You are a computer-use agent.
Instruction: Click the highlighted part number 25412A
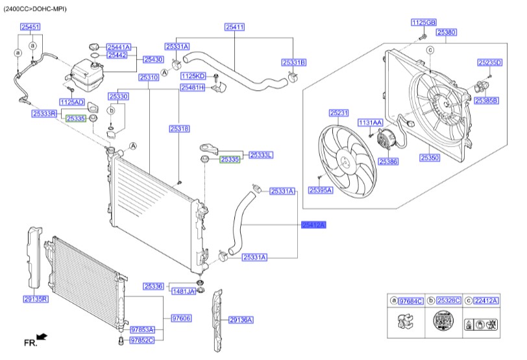click(x=313, y=224)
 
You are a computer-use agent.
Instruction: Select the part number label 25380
click(x=446, y=32)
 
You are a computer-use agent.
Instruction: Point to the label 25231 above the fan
click(x=339, y=113)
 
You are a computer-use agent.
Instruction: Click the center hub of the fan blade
click(x=346, y=162)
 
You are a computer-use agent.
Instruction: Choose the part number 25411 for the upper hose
click(x=235, y=27)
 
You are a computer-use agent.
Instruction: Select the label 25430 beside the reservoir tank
click(x=153, y=59)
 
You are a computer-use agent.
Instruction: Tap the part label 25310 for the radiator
click(x=149, y=77)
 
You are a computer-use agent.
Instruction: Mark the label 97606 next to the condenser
click(x=181, y=318)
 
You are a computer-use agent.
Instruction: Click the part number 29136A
click(x=241, y=320)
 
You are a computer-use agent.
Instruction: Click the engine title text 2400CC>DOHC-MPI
click(x=35, y=10)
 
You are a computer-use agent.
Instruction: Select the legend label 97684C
click(x=410, y=301)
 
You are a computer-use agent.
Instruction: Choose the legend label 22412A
click(x=485, y=301)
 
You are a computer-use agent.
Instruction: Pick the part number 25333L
click(x=262, y=155)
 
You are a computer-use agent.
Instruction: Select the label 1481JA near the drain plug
click(x=183, y=292)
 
